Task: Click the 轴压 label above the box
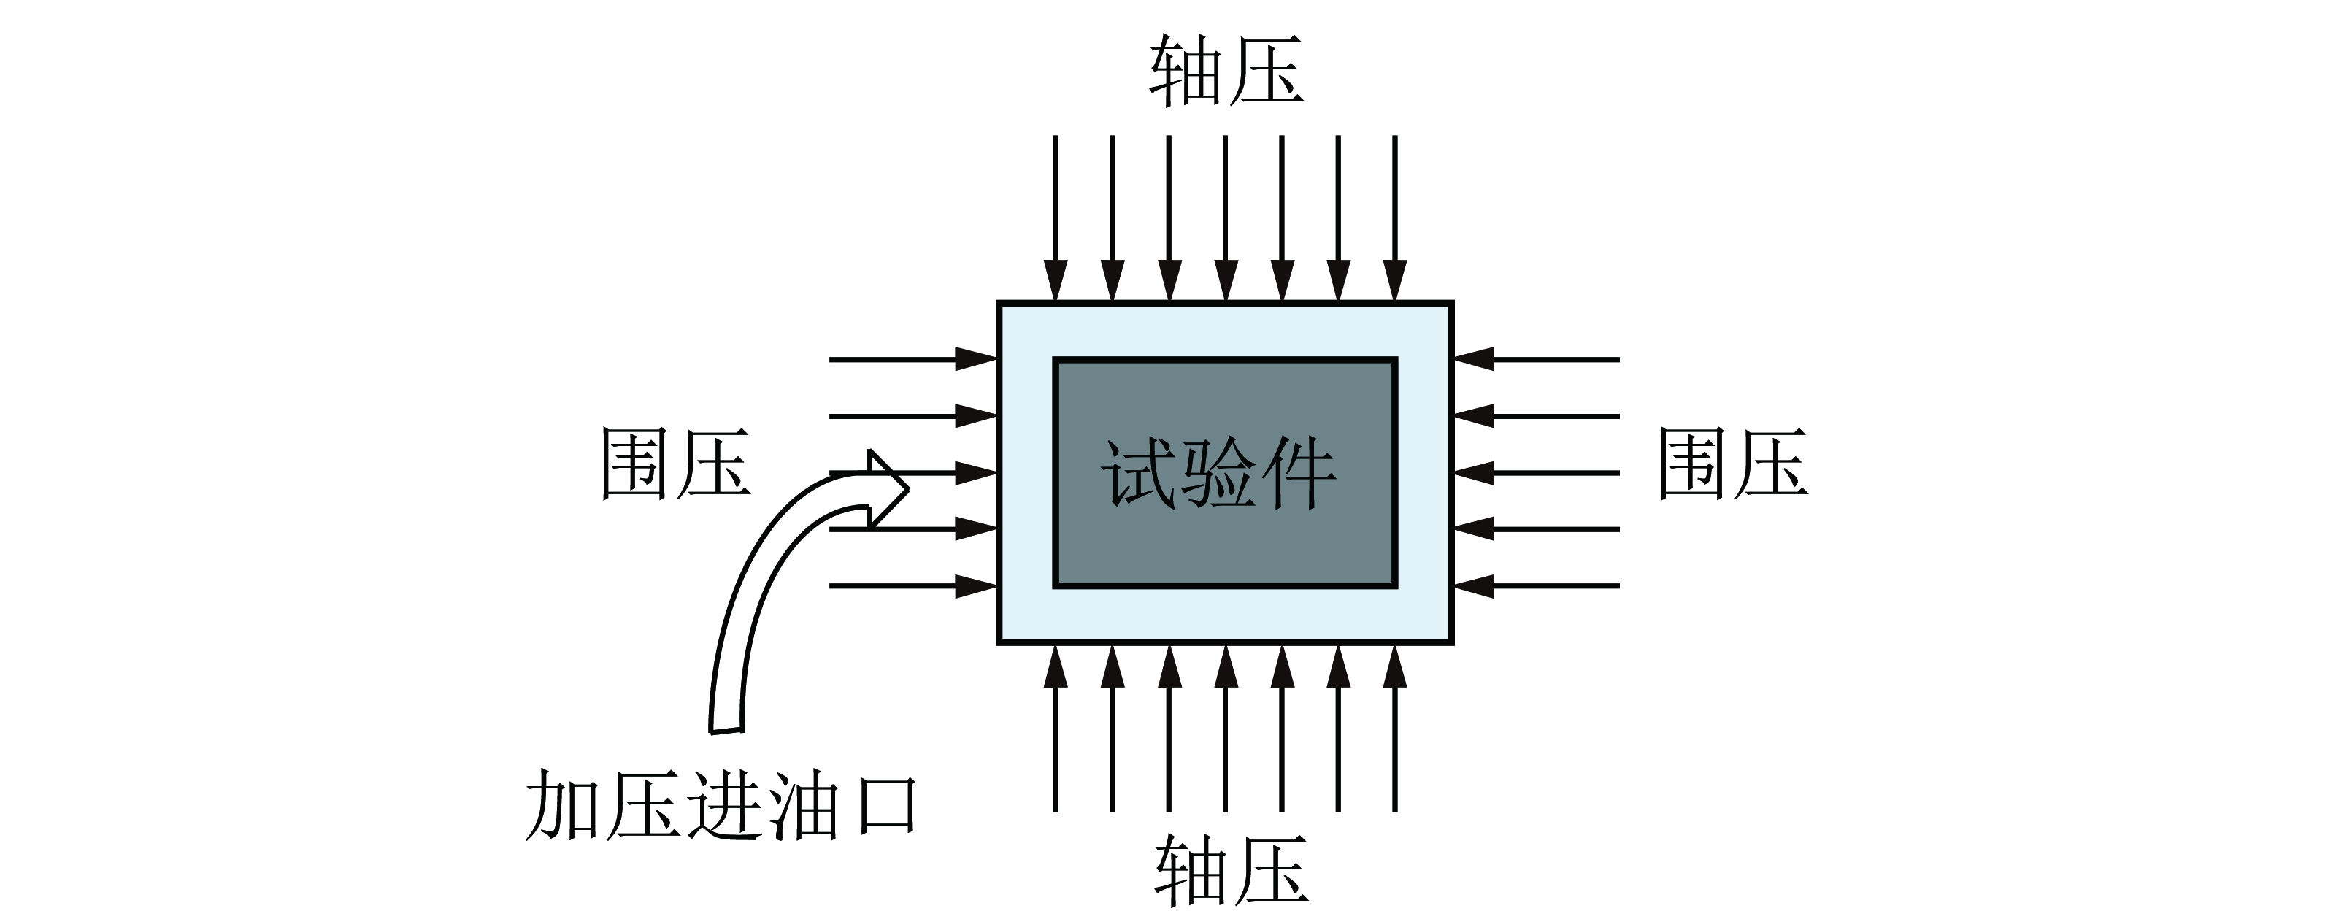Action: (1226, 72)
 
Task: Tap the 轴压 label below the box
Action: (1231, 870)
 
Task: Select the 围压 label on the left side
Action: (675, 464)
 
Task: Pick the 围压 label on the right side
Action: (1733, 464)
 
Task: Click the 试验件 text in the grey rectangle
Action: (1218, 473)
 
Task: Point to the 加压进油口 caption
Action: (722, 805)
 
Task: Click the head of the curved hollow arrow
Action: (887, 490)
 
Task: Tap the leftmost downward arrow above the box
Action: (1056, 218)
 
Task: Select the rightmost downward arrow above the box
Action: (1395, 218)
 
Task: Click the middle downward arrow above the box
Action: (1225, 218)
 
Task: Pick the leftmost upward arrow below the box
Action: (1056, 728)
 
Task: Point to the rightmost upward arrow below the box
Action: (1395, 728)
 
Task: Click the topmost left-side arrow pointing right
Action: (913, 360)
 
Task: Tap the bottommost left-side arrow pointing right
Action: (913, 586)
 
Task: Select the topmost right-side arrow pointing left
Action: (1536, 360)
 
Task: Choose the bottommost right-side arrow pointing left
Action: (1536, 586)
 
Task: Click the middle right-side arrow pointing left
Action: (1536, 473)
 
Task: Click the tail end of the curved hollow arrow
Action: (726, 730)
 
